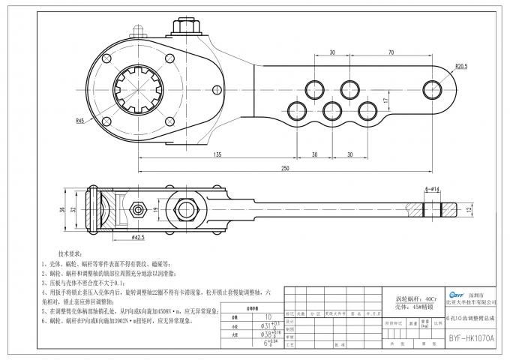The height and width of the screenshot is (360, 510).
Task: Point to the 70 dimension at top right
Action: tap(391, 53)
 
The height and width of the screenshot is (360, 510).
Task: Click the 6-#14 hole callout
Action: tap(436, 191)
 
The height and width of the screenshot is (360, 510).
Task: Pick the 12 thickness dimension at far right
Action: tap(466, 209)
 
